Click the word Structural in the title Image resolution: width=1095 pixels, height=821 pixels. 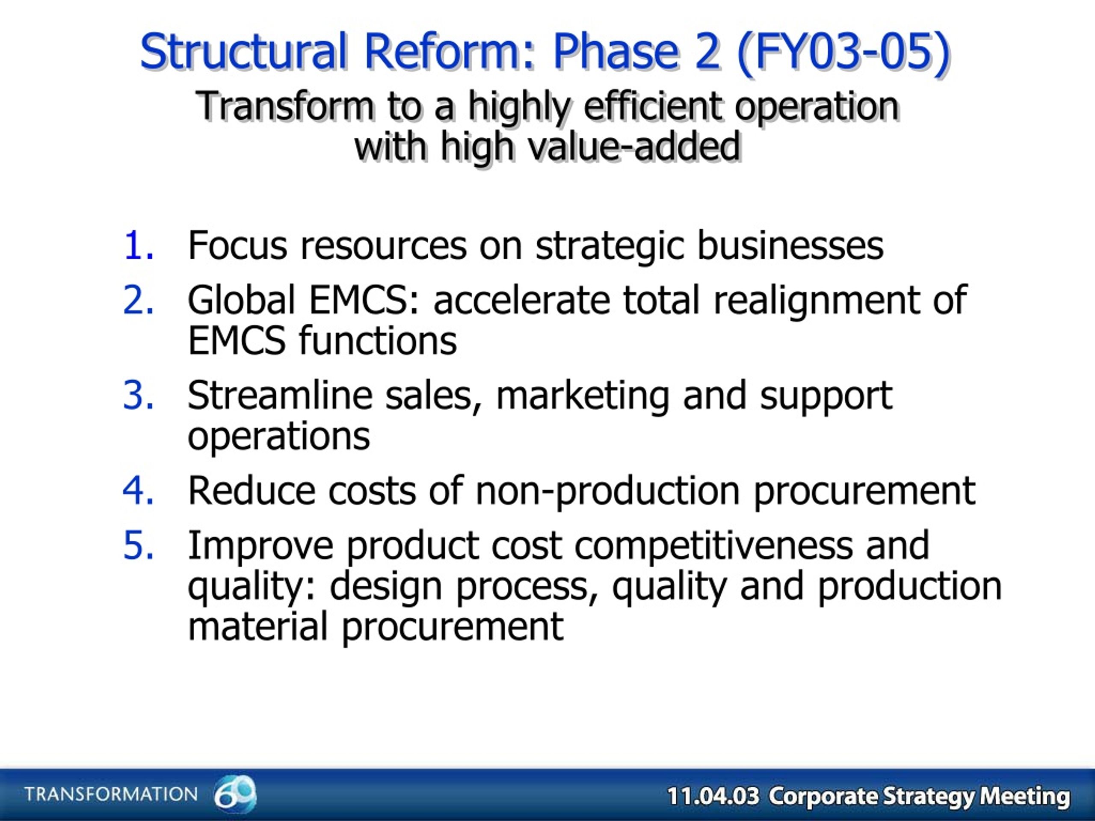(x=243, y=51)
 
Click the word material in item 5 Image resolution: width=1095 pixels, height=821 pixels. (x=258, y=626)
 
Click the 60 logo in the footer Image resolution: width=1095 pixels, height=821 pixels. (x=235, y=793)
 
